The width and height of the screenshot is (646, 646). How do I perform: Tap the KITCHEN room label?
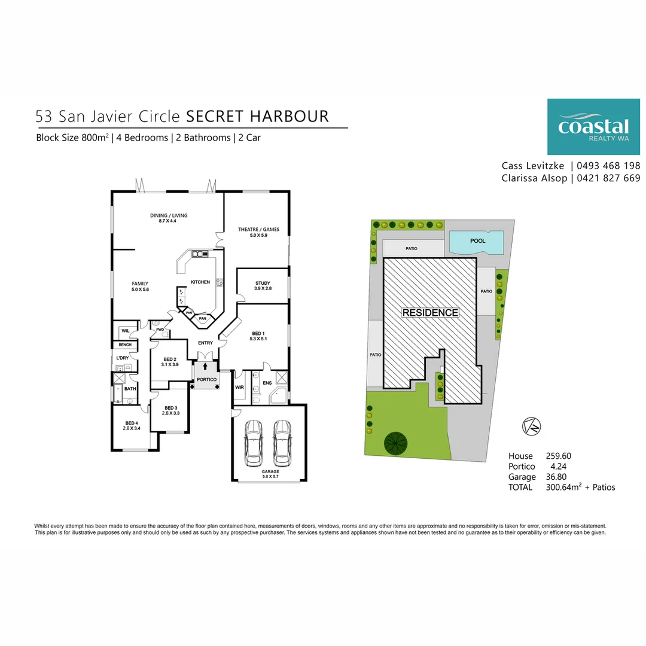200,282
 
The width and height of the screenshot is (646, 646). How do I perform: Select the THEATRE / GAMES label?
258,230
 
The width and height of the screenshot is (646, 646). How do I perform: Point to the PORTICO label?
206,380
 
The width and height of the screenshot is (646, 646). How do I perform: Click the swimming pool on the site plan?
477,242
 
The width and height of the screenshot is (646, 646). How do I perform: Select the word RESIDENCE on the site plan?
430,313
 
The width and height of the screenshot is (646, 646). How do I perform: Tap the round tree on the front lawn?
396,444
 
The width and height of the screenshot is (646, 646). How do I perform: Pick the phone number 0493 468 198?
608,166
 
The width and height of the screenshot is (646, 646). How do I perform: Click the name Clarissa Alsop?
534,178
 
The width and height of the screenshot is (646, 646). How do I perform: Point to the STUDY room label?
263,284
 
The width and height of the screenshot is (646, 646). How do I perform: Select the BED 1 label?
258,333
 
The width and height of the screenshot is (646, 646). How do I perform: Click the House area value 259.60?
559,456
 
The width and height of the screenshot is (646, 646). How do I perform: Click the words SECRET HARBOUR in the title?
258,115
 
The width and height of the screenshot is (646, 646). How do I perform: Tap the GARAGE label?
270,471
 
